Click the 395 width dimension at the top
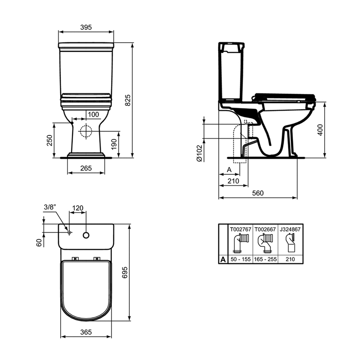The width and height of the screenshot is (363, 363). [86, 27]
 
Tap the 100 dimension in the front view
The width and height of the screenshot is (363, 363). [93, 114]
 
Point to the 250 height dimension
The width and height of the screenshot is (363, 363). [50, 140]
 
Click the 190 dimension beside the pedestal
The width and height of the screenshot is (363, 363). [113, 144]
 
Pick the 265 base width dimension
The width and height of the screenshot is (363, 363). [86, 168]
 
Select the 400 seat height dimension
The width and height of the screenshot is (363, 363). [320, 129]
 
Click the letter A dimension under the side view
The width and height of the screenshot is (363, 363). [228, 170]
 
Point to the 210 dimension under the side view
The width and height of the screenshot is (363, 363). [233, 181]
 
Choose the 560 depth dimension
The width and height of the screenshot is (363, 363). [258, 193]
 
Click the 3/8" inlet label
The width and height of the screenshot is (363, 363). [50, 208]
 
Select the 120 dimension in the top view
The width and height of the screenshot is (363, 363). [78, 208]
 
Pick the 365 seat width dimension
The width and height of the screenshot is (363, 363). [86, 331]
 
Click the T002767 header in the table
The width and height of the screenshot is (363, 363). [240, 229]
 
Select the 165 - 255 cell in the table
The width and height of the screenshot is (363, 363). [265, 259]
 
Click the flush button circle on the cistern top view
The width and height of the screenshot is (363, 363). [86, 234]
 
